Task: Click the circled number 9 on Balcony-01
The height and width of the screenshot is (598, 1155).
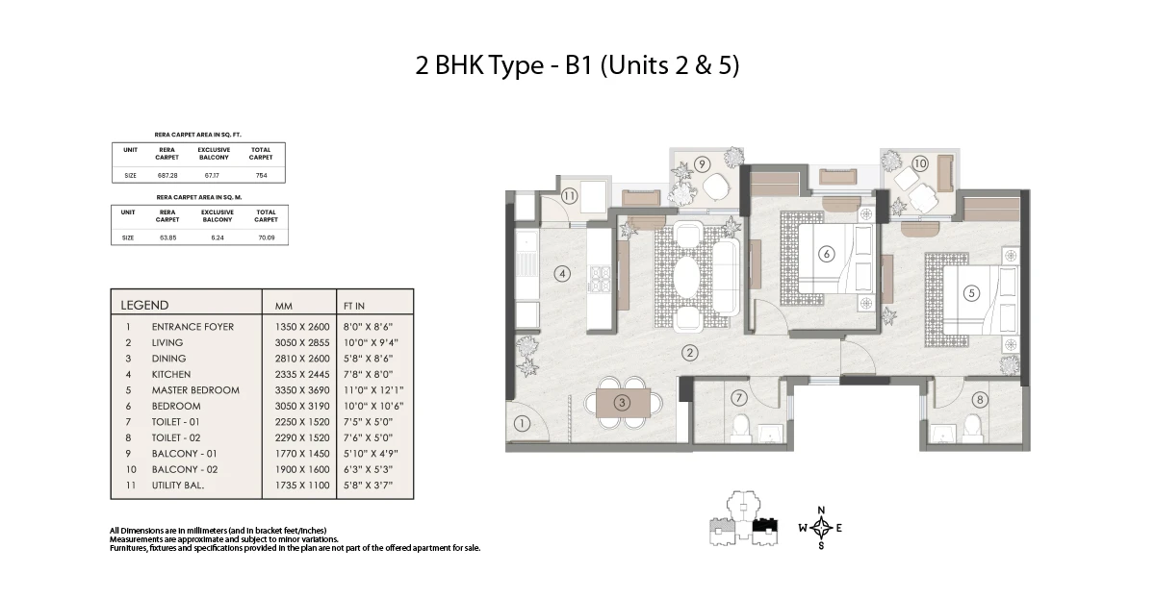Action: (702, 164)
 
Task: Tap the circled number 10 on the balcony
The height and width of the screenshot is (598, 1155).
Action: (920, 163)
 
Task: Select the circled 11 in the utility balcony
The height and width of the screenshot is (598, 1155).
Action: (569, 196)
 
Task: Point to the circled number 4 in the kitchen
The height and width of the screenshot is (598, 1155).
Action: (562, 273)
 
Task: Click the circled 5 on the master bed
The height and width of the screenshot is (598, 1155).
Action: (971, 293)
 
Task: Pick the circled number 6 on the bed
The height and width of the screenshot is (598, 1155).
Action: (827, 254)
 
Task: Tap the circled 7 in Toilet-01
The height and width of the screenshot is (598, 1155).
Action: (739, 398)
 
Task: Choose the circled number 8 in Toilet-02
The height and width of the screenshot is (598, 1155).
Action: (979, 399)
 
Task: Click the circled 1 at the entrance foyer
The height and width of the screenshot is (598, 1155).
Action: (522, 424)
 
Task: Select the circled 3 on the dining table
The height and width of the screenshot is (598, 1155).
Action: (622, 402)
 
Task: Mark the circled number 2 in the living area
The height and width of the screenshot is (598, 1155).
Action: (690, 353)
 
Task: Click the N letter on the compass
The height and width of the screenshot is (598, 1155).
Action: (821, 510)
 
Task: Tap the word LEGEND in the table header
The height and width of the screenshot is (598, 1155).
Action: (144, 305)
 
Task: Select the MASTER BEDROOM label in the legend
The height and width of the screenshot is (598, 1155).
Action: (195, 390)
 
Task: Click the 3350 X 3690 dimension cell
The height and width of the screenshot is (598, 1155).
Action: (302, 390)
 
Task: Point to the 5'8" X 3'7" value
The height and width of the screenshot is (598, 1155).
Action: (368, 485)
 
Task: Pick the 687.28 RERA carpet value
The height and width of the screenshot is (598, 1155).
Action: (167, 175)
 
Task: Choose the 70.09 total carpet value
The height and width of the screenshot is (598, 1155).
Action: (267, 237)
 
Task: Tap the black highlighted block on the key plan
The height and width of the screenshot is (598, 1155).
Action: (764, 525)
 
